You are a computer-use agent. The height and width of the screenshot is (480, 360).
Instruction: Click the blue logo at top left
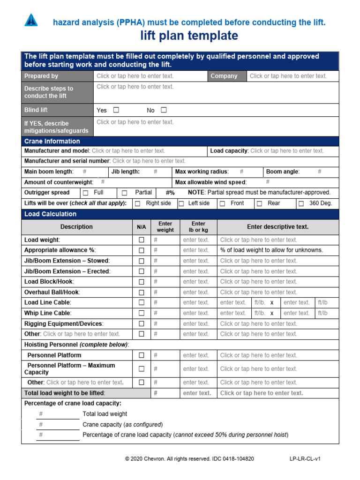click(x=30, y=20)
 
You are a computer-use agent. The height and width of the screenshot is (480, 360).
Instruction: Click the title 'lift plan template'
click(x=189, y=36)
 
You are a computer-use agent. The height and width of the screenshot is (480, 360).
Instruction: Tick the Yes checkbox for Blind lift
click(x=116, y=110)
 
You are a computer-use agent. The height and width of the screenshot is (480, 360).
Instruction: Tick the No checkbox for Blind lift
click(x=164, y=110)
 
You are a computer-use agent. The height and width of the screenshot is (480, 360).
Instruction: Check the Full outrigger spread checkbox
click(x=85, y=193)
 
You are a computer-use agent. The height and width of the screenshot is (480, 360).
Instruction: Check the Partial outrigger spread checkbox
click(x=125, y=193)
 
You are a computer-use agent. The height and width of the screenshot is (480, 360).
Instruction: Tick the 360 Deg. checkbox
click(x=301, y=203)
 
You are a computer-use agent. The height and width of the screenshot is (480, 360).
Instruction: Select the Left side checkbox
click(x=181, y=203)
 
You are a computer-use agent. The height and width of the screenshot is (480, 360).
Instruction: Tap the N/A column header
click(x=141, y=227)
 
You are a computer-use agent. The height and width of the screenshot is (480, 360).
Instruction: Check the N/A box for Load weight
click(x=141, y=240)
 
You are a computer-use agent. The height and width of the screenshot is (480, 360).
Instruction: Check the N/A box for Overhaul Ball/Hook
click(x=141, y=292)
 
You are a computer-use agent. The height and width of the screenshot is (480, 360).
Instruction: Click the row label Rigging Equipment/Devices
click(x=64, y=323)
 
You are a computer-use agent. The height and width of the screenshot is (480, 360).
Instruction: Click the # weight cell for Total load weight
click(x=156, y=393)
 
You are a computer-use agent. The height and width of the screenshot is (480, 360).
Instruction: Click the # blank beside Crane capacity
click(x=41, y=424)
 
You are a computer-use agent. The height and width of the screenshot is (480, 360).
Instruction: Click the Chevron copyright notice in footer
click(x=189, y=459)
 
